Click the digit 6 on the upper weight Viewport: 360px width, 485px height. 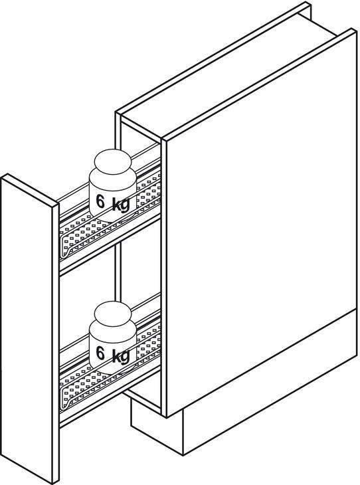[100, 202]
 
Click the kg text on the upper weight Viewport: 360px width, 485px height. [121, 205]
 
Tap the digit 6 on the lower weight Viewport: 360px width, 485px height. [100, 353]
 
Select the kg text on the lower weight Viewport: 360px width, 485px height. [121, 356]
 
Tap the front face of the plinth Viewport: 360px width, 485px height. [157, 427]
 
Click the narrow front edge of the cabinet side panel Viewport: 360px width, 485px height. [164, 278]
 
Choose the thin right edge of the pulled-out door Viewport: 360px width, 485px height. [56, 343]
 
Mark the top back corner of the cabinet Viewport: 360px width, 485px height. [308, 4]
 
